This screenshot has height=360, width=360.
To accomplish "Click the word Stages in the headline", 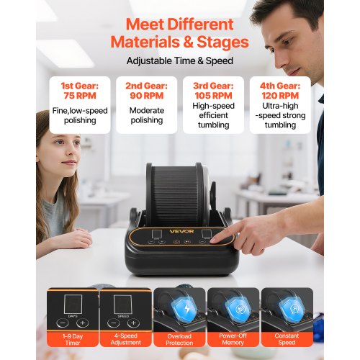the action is (x=222, y=42).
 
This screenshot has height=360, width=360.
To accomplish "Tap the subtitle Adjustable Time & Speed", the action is (x=180, y=60).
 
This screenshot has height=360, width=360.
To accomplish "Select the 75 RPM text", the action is (x=80, y=96).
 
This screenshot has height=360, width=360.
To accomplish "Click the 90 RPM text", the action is (x=147, y=96).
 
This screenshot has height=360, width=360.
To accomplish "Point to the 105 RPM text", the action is (x=213, y=96).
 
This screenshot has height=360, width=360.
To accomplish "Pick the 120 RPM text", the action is (x=280, y=96).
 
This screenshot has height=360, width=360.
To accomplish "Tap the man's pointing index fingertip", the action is (x=212, y=240).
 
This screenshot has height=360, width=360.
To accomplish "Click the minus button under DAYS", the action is (x=63, y=323).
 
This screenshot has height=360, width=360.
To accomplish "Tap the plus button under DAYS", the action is (x=83, y=323).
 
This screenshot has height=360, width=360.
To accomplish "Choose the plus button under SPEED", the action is (x=133, y=323).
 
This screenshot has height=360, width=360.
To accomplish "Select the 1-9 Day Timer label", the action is (x=73, y=339).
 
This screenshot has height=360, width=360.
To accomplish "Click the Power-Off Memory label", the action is (x=233, y=339).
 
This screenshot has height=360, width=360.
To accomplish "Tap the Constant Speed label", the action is (x=287, y=339).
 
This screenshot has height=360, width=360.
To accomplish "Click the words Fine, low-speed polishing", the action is (x=80, y=115).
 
